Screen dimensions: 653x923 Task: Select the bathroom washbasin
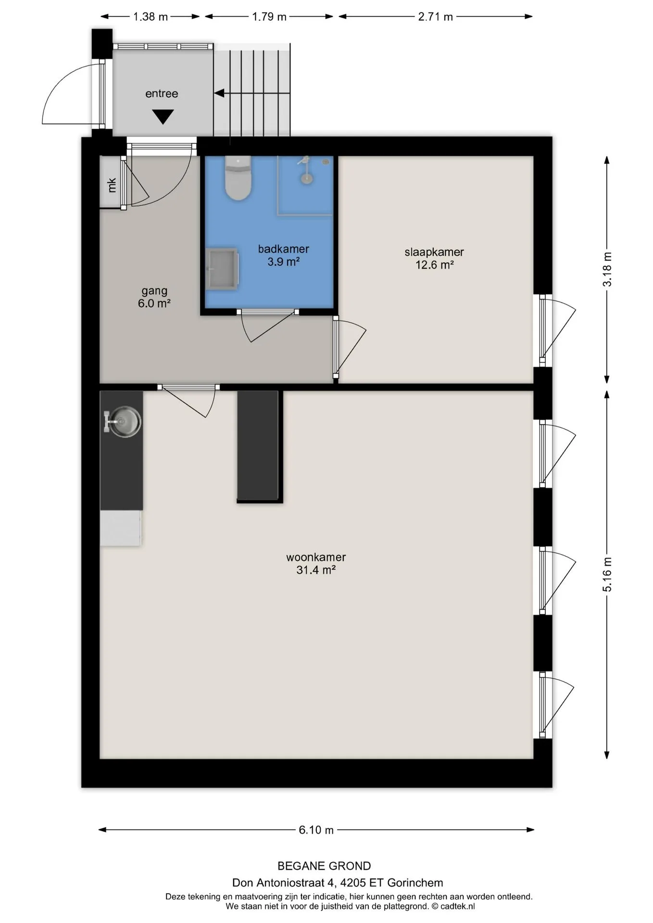point(222,269)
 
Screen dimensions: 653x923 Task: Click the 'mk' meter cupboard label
point(112,185)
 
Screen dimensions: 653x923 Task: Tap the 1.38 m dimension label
point(150,17)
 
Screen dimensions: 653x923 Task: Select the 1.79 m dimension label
point(269,17)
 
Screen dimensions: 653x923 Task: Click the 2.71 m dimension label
point(435,17)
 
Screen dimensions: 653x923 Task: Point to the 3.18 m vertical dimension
point(607,269)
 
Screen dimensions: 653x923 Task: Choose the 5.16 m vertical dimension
point(607,574)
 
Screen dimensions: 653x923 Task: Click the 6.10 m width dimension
point(316,830)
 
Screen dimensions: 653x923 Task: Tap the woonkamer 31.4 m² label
point(316,563)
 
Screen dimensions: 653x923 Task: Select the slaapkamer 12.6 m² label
point(434,258)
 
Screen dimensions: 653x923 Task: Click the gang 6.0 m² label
point(154,297)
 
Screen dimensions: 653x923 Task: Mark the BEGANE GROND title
point(324,866)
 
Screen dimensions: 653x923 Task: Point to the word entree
point(162,93)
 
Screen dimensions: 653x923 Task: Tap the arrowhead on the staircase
point(219,93)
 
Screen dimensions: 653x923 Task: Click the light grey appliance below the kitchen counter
point(120,528)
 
